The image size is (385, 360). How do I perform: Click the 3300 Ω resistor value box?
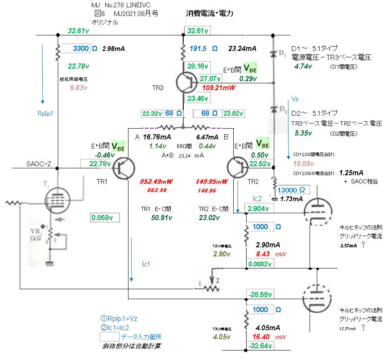(x=76, y=49)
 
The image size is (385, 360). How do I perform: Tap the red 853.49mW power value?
(x=155, y=181)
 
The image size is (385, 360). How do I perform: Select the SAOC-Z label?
(x=39, y=164)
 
